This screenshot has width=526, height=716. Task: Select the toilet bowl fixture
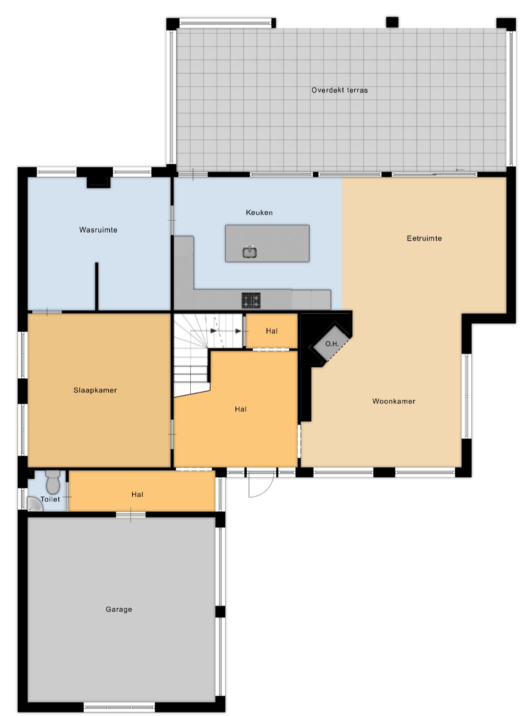53,482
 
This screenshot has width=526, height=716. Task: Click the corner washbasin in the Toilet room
34,504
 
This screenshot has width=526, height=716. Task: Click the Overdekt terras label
339,90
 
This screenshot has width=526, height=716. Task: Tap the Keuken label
259,213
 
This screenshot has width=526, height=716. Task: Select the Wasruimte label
98,230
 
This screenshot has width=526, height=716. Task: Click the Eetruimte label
424,238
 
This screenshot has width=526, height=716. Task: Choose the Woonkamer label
394,401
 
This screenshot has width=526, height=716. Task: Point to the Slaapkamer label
95,390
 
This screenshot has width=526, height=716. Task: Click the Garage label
119,609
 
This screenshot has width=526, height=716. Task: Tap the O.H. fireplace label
332,344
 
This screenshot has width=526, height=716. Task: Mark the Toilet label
50,499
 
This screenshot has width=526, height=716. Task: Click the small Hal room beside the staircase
272,331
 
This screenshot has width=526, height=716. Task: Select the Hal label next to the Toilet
137,495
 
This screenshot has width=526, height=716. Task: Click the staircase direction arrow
226,331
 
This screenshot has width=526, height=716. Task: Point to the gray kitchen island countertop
267,244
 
